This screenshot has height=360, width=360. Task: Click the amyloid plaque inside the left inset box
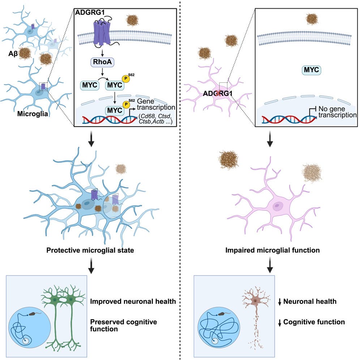(x=133, y=20)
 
